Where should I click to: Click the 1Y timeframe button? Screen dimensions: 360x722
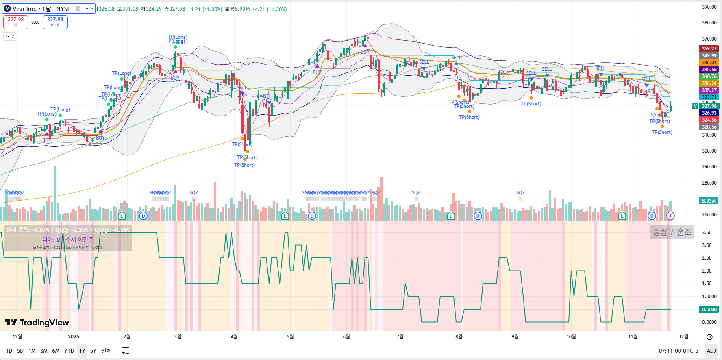pos(82,351)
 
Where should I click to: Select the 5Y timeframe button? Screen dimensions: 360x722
pos(93,351)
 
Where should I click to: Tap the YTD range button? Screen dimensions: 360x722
pos(69,351)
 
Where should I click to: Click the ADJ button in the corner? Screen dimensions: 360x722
pos(711,351)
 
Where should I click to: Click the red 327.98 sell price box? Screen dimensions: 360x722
pos(16,22)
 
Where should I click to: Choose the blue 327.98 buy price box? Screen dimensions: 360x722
pos(55,22)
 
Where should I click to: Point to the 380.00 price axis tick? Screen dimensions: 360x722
pos(709,23)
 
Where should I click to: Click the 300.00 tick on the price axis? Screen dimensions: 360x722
pos(709,151)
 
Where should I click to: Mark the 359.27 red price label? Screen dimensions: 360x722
pos(709,49)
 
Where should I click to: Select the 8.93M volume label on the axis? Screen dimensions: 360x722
pos(709,201)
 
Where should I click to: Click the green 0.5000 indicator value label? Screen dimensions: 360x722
pos(709,310)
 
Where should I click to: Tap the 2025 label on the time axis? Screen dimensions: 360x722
pos(74,337)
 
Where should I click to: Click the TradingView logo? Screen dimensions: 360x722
pos(37,323)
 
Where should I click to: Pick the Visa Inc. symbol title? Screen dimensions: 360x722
pos(37,9)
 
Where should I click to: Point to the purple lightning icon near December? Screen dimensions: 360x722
pos(670,216)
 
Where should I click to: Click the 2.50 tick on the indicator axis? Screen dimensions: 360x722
pos(707,258)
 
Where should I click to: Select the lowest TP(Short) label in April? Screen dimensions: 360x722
pos(245,165)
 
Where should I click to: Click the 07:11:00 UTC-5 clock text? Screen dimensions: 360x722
pos(678,351)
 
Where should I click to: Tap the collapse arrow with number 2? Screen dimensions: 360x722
pos(10,37)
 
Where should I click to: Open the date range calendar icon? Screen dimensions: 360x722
pos(126,351)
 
